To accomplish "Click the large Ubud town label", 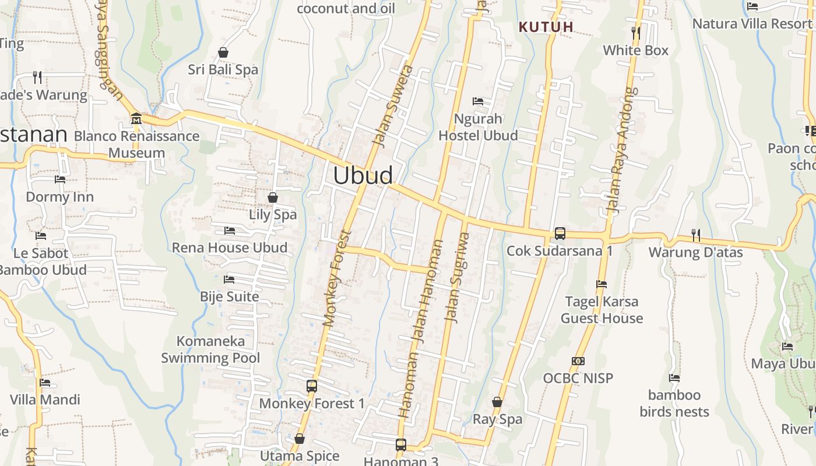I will [x=363, y=175].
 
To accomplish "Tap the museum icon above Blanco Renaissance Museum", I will [x=136, y=118].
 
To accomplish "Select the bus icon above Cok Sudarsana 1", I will [x=560, y=234].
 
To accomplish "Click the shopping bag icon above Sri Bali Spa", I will [x=223, y=53].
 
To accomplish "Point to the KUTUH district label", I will [x=546, y=27].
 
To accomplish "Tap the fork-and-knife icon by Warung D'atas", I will [x=695, y=235].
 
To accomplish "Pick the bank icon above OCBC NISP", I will [x=578, y=361].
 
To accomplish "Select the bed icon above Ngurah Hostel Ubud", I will [x=478, y=101].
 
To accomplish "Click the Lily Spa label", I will [x=273, y=214].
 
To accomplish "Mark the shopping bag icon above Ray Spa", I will [x=497, y=402].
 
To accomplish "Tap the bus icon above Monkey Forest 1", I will [x=312, y=386].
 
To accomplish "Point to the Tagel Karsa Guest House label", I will [x=602, y=310].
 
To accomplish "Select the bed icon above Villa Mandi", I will [x=45, y=383].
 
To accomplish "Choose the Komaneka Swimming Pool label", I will [x=210, y=349].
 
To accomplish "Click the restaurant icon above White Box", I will [x=636, y=33].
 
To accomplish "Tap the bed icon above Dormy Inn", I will [x=59, y=179].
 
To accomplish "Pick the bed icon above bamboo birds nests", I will [x=674, y=378].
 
